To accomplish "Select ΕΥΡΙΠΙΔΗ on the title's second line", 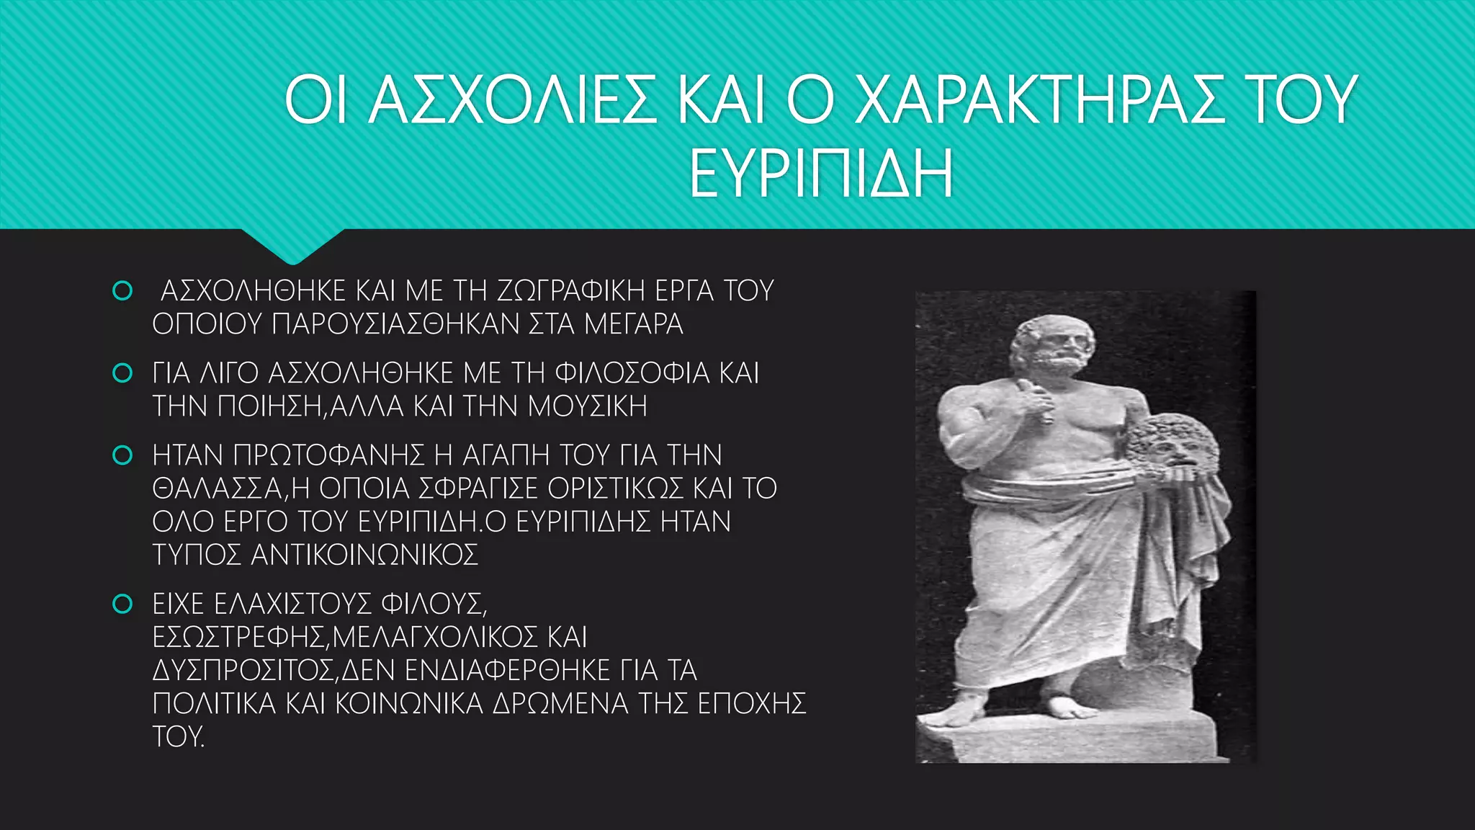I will click(x=821, y=174).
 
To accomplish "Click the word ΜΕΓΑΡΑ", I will click(x=634, y=324).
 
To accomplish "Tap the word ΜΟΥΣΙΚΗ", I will click(x=588, y=406).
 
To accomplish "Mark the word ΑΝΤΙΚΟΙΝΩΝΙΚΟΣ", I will click(x=364, y=555).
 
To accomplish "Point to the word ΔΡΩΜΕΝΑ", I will click(x=560, y=703).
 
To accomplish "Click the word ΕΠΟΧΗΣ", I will click(x=752, y=703).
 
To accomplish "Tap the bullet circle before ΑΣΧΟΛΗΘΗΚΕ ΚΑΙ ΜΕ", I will click(x=122, y=291).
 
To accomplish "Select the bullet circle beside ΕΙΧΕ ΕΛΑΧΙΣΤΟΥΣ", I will click(x=122, y=604).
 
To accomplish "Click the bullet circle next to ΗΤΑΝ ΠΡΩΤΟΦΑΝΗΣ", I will click(x=122, y=455).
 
